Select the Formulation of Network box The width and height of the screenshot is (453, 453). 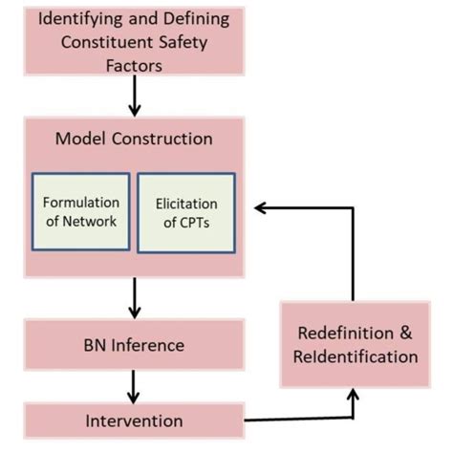(x=80, y=212)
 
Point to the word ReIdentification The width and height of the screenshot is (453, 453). (x=357, y=357)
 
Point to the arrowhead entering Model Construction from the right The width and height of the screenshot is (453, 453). (x=269, y=206)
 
